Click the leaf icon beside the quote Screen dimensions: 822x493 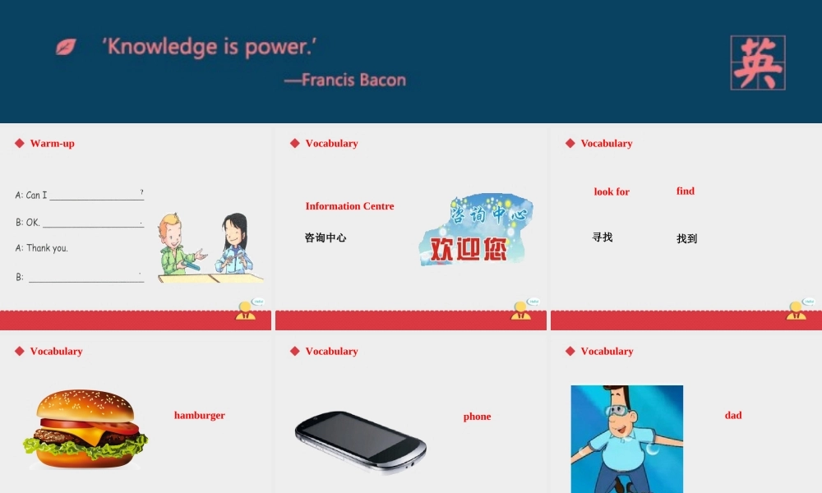tap(66, 47)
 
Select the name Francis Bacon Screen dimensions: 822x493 tap(353, 80)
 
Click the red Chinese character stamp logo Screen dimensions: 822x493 tap(758, 63)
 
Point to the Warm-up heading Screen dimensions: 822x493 tap(52, 143)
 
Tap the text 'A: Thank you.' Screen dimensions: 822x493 tap(42, 248)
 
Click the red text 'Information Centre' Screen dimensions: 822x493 tap(349, 206)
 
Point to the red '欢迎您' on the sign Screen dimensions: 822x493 tap(469, 249)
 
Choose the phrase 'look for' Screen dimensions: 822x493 tap(612, 191)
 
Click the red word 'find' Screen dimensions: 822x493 tap(686, 191)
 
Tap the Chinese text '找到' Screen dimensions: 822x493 tap(686, 238)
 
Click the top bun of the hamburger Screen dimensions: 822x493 tap(85, 404)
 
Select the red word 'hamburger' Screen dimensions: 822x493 tap(199, 416)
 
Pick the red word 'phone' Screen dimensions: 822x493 tap(477, 417)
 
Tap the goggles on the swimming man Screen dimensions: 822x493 tap(617, 410)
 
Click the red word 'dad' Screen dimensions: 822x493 tap(733, 416)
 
